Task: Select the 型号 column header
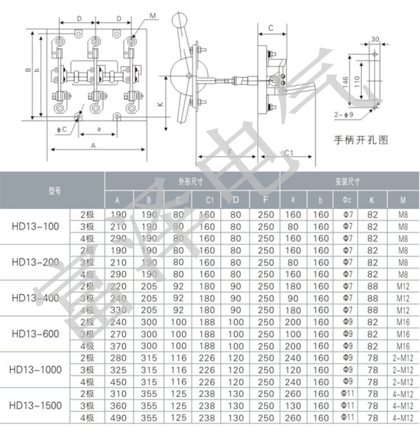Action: coord(53,191)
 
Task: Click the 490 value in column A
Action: coord(119,419)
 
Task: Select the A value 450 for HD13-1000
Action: coord(119,381)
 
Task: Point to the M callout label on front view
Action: coord(152,15)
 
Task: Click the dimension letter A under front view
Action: coord(94,146)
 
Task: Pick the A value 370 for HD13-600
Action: coord(119,346)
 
